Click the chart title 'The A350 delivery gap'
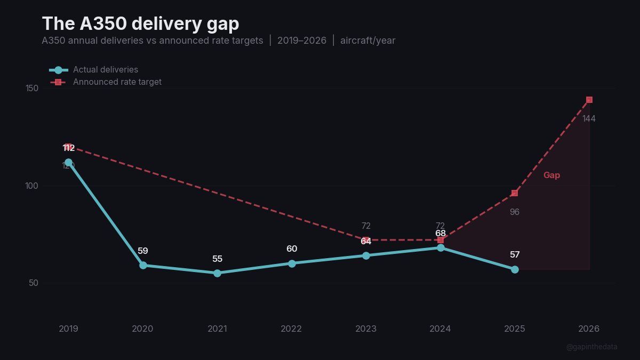pyautogui.click(x=140, y=24)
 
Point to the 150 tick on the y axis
pyautogui.click(x=32, y=88)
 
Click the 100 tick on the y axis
pyautogui.click(x=32, y=186)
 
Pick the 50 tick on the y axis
pyautogui.click(x=34, y=283)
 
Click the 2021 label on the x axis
pyautogui.click(x=217, y=329)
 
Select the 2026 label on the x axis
pyautogui.click(x=589, y=329)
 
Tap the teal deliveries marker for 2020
pyautogui.click(x=143, y=265)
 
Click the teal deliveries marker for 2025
pyautogui.click(x=515, y=269)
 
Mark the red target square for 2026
pyautogui.click(x=589, y=100)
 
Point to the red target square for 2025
pyautogui.click(x=515, y=193)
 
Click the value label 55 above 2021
pyautogui.click(x=217, y=259)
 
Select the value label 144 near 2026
pyautogui.click(x=589, y=119)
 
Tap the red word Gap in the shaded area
pyautogui.click(x=551, y=175)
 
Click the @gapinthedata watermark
pyautogui.click(x=591, y=347)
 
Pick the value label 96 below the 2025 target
pyautogui.click(x=514, y=212)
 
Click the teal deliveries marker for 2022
pyautogui.click(x=292, y=263)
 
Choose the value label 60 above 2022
pyautogui.click(x=292, y=249)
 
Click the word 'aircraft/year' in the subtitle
pyautogui.click(x=368, y=41)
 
